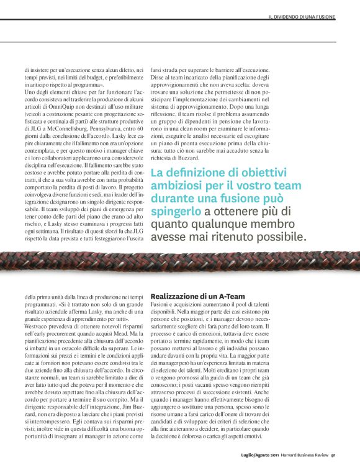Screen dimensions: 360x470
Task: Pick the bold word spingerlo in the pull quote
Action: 176,212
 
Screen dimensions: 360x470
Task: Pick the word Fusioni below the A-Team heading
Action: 161,307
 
